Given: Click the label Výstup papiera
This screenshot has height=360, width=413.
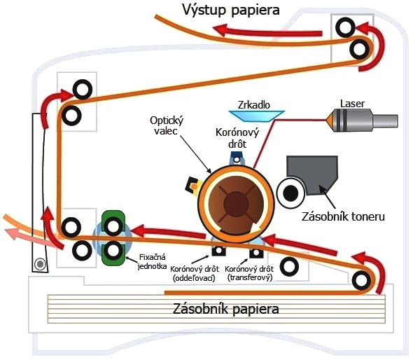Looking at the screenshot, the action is coord(231,11).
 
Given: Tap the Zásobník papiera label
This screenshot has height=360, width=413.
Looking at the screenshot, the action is coord(225,309).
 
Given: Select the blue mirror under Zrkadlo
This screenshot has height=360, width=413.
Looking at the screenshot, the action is coord(256,116).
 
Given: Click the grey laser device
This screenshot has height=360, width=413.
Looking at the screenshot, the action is coord(362,120).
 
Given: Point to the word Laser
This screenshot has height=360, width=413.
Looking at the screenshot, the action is coord(352,104).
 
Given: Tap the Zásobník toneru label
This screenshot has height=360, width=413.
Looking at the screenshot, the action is coord(343,216).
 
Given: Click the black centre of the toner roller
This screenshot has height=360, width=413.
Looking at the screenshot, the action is coord(290,193).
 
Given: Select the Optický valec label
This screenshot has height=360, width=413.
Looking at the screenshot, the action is coord(167,125).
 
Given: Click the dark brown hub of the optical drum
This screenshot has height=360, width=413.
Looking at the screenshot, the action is coord(236,203).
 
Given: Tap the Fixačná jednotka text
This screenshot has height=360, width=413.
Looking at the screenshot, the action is coord(152,261).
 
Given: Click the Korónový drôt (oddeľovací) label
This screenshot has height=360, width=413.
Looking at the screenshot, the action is coord(195,273).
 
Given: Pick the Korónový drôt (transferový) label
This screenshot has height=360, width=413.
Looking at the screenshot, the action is coord(249,273).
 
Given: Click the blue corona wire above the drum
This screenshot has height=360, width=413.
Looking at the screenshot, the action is coord(237,158).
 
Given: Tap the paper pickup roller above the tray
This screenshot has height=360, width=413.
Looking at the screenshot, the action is coord(361,281).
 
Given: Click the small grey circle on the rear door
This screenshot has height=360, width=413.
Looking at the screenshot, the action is coord(40,264).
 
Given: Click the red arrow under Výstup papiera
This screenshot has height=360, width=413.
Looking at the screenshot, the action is coord(268,31).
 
